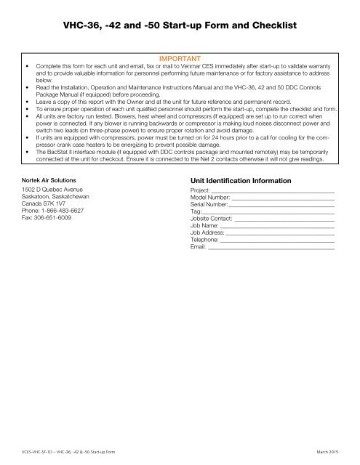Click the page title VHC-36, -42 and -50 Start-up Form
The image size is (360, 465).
[180, 26]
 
